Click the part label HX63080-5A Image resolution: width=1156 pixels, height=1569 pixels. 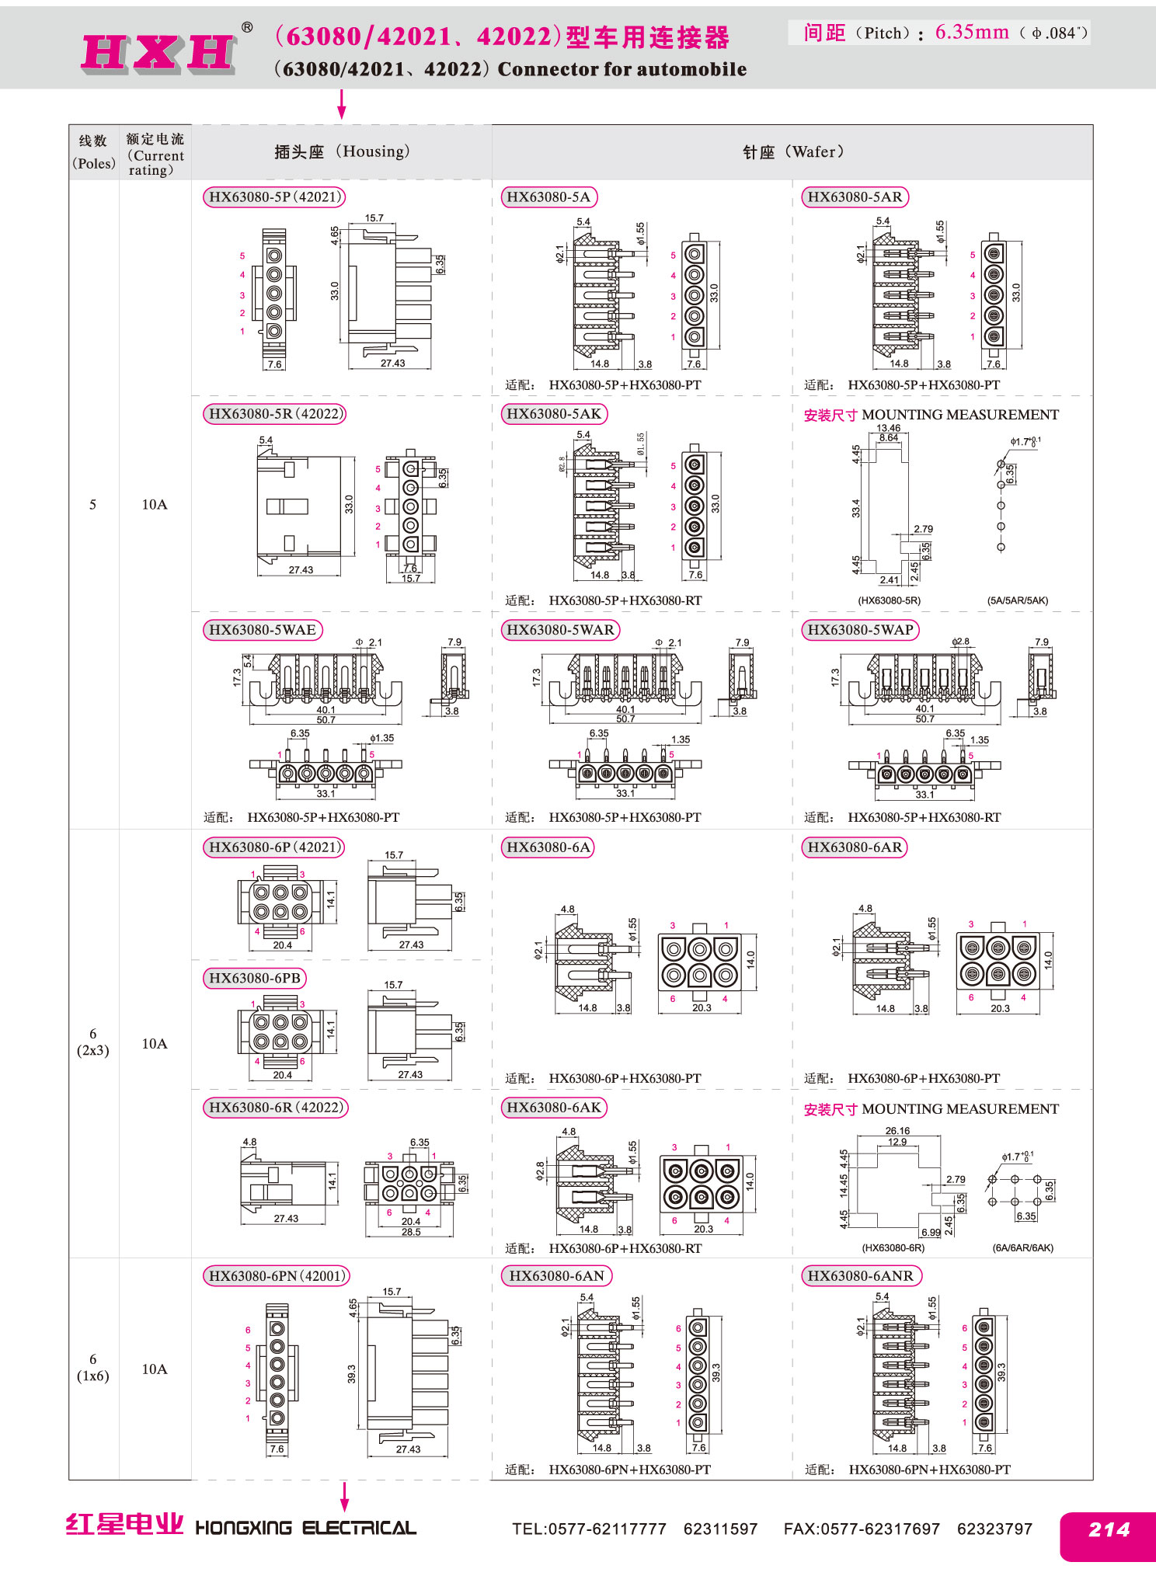(548, 197)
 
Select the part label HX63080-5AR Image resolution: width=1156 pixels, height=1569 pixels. (855, 197)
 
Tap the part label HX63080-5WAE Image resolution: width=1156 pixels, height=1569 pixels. (263, 630)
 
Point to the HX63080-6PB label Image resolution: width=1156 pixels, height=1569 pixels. (255, 979)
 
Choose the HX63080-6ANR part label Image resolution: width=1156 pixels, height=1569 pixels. (861, 1276)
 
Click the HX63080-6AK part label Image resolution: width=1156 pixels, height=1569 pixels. (554, 1108)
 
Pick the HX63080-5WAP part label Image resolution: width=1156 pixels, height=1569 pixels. (860, 630)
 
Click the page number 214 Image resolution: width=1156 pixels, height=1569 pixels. (1109, 1529)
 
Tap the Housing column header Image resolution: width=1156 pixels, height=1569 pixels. (342, 151)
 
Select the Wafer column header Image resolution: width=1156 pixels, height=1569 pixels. (793, 151)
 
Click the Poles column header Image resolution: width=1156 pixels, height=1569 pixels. (94, 152)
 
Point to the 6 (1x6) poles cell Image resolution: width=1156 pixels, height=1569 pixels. (93, 1368)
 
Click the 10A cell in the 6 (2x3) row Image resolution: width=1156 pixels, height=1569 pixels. (155, 1043)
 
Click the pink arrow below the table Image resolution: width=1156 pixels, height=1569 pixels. (345, 1497)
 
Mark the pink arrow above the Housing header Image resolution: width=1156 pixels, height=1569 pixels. (341, 104)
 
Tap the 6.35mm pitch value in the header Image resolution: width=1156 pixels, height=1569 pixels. (972, 32)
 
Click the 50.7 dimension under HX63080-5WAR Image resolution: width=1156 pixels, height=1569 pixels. (625, 719)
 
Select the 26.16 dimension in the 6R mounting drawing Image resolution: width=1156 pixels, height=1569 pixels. (897, 1131)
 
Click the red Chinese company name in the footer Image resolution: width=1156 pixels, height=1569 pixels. (124, 1525)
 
